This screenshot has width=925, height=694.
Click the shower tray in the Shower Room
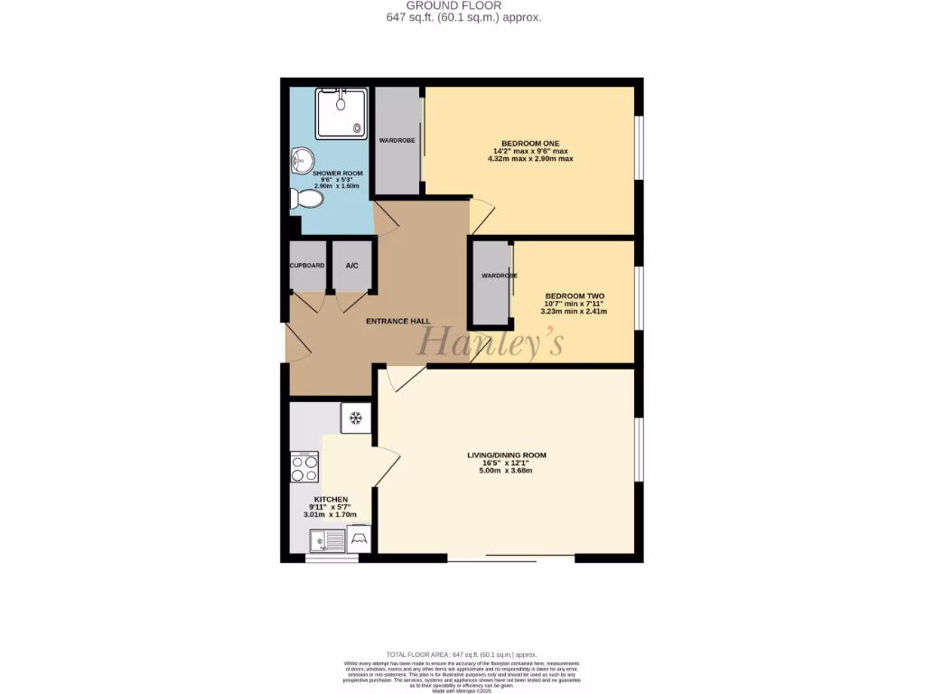[x=341, y=115]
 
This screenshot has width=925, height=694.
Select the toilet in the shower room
[x=307, y=199]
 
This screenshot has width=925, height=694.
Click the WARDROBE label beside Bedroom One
[x=397, y=141]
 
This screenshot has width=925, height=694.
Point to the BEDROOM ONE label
[x=531, y=143]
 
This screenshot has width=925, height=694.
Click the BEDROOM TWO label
[x=574, y=295]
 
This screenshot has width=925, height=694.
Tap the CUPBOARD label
[x=307, y=266]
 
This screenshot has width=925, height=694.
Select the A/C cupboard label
[x=352, y=266]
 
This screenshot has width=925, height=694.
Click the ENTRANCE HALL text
[x=397, y=321]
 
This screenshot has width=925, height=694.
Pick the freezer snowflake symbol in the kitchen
[x=355, y=418]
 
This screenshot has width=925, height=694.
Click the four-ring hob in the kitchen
[x=304, y=467]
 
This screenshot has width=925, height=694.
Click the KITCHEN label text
[x=331, y=500]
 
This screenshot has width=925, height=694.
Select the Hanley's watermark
[x=489, y=342]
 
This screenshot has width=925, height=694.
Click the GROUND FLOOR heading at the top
[x=463, y=5]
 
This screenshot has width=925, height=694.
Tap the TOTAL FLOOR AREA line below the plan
[x=462, y=654]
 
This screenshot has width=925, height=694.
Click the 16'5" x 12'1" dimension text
[x=507, y=463]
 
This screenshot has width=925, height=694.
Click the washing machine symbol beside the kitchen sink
[x=359, y=539]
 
